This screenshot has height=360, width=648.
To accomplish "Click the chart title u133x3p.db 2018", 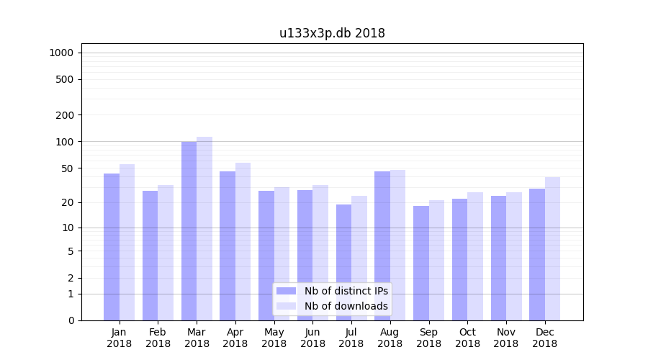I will pos(332,33).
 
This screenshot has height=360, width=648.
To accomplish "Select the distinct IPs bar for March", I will pos(189,230).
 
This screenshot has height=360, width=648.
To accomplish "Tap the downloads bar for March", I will pos(204,228).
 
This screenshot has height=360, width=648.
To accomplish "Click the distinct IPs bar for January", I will pos(112,246).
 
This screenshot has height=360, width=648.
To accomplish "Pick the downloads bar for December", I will pos(552,248).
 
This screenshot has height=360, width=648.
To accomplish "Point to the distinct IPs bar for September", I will pos(421,263).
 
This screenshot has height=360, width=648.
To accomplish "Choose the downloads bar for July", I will pos(359,258).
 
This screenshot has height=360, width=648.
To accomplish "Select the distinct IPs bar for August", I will pos(382,246).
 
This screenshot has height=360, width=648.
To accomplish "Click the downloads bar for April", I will pos(243,241).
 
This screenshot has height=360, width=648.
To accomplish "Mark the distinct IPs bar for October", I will pos(459,259).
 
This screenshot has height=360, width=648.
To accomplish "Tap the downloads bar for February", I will pos(166,252).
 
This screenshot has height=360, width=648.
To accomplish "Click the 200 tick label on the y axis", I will pos(65,115).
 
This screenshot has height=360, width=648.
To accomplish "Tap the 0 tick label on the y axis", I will pos(71,320).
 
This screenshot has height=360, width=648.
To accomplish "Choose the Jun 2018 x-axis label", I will pos(312,338).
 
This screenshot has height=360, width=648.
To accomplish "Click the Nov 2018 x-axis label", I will pos(506,338).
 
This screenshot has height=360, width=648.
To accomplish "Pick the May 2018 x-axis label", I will pos(274,338).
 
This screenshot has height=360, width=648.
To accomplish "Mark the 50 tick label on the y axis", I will pos(68,168).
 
